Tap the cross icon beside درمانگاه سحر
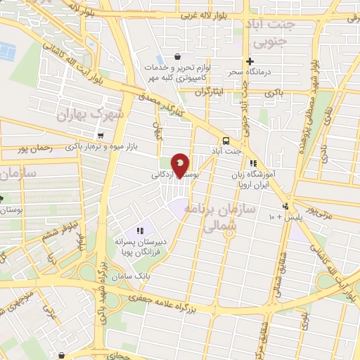coord(250,60)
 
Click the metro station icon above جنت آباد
coord(225,139)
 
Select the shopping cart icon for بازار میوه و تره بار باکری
coord(103,136)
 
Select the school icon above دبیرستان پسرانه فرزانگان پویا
coord(140,230)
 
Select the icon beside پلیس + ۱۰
coord(285,206)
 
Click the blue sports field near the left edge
coord(7,51)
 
